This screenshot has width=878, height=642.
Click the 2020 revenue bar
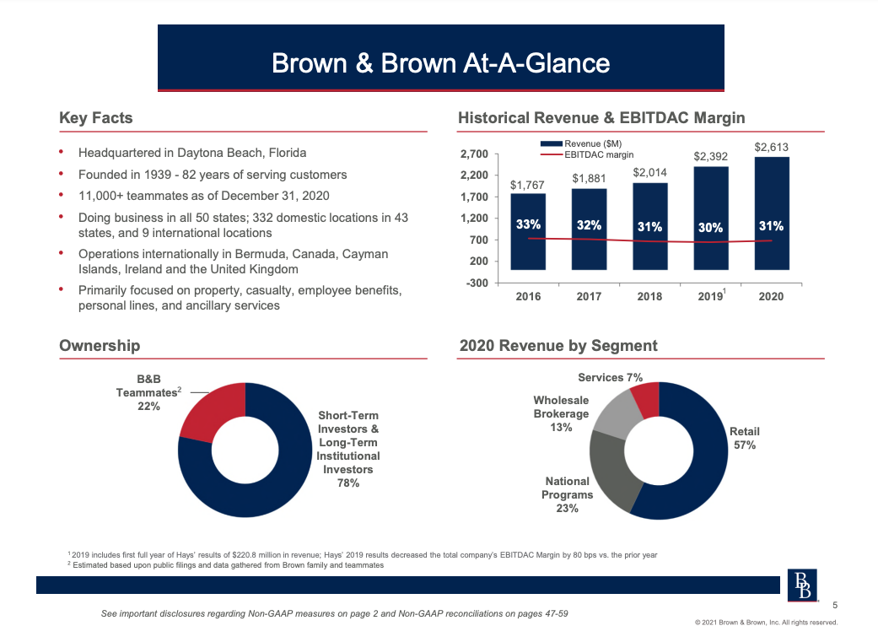click(772, 213)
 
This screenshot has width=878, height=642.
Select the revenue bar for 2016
click(528, 231)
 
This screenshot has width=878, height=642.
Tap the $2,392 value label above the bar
click(710, 156)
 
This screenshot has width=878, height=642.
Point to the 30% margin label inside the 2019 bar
click(710, 228)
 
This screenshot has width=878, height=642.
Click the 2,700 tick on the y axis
click(474, 154)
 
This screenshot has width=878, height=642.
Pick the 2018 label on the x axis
click(649, 296)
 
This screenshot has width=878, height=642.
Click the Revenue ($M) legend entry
click(581, 144)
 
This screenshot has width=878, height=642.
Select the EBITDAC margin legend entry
click(587, 154)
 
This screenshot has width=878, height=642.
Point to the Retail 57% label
click(744, 438)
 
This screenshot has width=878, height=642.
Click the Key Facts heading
click(96, 117)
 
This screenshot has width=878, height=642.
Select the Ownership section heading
click(100, 345)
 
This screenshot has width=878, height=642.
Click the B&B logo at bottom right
click(802, 585)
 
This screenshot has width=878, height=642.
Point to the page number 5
click(835, 605)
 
